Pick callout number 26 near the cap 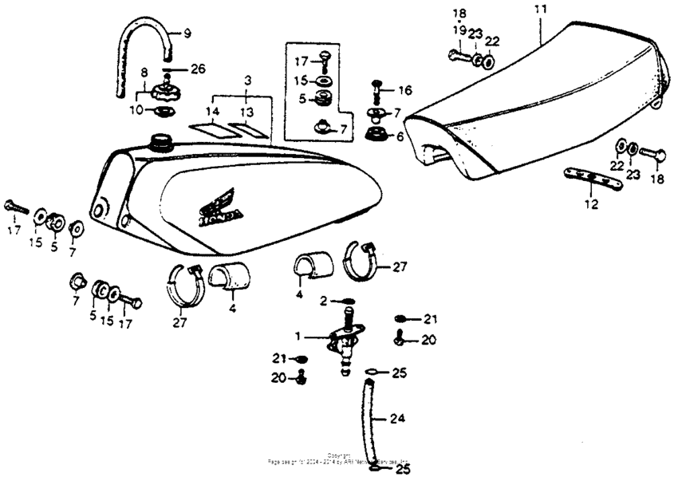[197, 69]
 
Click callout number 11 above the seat [541, 10]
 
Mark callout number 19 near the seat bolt [459, 30]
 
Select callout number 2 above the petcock [324, 301]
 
